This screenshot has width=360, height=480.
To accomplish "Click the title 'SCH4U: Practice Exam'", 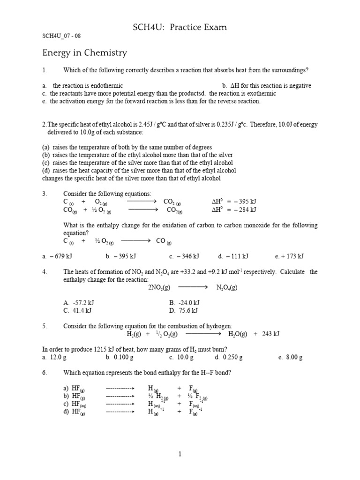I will [180, 27].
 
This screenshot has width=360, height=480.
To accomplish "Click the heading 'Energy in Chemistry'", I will [84, 52].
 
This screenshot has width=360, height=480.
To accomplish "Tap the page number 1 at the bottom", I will [180, 454].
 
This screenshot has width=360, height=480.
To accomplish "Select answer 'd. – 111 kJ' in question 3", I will [233, 256].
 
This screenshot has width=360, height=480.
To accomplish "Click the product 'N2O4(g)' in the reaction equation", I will [227, 287].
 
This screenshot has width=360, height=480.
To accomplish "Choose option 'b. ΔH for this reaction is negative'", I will [267, 86].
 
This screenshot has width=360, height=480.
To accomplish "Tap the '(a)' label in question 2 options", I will [46, 147].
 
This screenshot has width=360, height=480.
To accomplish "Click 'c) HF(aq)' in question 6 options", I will [75, 404].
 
